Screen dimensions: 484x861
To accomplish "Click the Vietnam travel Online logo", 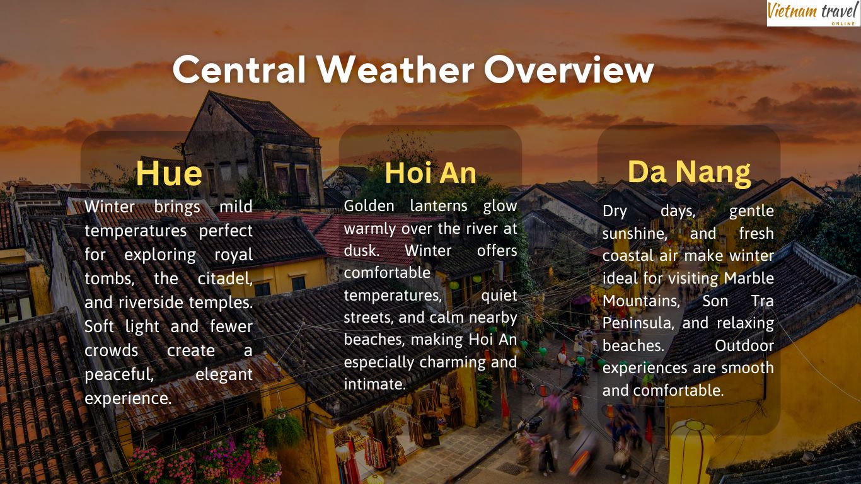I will click(x=813, y=13).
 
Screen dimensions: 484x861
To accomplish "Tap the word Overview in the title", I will click(x=569, y=69).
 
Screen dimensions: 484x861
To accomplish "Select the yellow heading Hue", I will click(x=169, y=174).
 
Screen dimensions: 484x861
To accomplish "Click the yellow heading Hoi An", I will click(x=430, y=173).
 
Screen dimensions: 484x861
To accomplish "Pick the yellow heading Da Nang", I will click(x=689, y=171).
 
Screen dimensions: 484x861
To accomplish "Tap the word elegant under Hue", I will click(x=224, y=374).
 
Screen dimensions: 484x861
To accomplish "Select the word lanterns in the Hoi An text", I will click(x=439, y=206).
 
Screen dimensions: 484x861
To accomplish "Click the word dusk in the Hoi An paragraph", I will click(x=360, y=250).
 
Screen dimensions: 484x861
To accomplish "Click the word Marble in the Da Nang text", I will click(x=749, y=278).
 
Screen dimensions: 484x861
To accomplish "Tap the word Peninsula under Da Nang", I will click(x=638, y=323).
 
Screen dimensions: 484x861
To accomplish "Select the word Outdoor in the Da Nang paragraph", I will click(x=744, y=346).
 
